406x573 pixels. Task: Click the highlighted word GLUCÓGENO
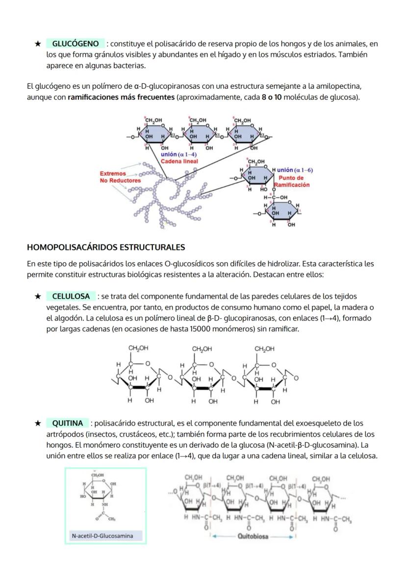click(x=75, y=44)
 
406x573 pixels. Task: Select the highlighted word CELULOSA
click(x=71, y=296)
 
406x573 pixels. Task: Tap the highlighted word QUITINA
click(x=68, y=423)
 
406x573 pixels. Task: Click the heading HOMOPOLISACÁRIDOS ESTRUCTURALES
click(x=106, y=247)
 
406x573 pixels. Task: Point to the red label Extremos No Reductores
click(x=120, y=177)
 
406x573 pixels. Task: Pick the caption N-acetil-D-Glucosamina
click(x=102, y=536)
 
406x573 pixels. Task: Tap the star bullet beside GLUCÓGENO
click(x=37, y=44)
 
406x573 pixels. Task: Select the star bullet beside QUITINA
click(x=37, y=423)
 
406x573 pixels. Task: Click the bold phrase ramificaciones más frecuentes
click(x=121, y=97)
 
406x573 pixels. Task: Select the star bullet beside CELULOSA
click(x=37, y=296)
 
